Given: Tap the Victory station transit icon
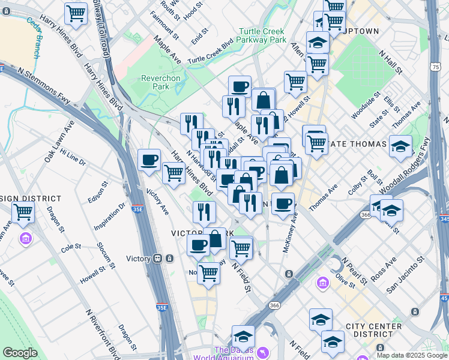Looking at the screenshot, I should pos(158,259).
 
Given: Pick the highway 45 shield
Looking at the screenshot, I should pos(444,298).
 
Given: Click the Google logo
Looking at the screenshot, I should pos(20,353).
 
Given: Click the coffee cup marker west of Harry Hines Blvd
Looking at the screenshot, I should pos(149,160).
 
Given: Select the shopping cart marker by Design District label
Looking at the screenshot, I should pos(23,212).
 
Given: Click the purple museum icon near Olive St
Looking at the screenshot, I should pos(323,282).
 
